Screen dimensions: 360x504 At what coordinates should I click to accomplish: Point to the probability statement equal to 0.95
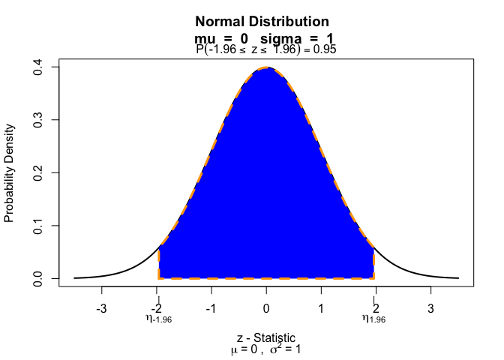(x=265, y=49)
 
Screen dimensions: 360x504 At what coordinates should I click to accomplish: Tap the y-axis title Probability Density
(x=10, y=173)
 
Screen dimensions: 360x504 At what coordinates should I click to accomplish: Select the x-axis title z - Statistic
(x=266, y=337)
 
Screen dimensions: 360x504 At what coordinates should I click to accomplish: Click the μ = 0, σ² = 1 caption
(x=266, y=349)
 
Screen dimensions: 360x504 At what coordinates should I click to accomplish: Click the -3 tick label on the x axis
(x=102, y=308)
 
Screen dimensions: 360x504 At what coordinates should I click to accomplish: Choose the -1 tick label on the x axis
(x=211, y=308)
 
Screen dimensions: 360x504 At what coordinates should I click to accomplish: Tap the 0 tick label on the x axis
(x=266, y=308)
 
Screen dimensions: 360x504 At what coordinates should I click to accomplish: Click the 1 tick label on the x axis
(x=321, y=308)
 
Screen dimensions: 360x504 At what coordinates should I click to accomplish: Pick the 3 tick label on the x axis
(x=430, y=308)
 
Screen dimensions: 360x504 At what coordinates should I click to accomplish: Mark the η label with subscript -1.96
(x=158, y=319)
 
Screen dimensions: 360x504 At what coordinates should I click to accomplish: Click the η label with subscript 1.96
(x=373, y=319)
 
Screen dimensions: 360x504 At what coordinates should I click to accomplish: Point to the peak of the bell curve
(x=266, y=67)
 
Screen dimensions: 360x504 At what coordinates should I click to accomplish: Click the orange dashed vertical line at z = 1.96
(x=373, y=262)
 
